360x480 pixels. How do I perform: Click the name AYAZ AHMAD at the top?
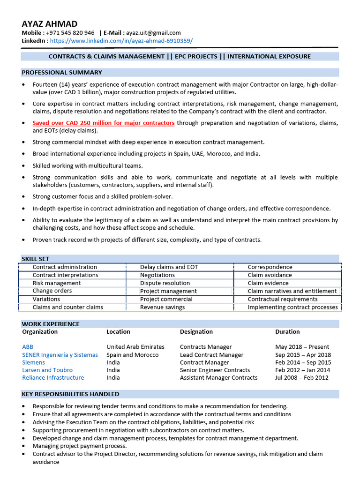click(50, 23)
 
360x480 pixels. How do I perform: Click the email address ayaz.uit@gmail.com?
click(152, 33)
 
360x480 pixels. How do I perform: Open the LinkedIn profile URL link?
click(121, 41)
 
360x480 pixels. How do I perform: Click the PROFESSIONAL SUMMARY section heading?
click(62, 73)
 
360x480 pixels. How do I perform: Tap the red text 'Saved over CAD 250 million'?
click(103, 123)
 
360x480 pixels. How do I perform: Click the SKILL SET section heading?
click(36, 259)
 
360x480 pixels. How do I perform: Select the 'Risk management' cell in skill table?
click(57, 283)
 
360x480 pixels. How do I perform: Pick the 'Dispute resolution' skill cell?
click(165, 283)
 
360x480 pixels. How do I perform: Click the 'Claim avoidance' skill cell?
click(270, 275)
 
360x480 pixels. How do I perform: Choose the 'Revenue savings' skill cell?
click(162, 307)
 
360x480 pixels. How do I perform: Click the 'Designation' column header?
click(196, 331)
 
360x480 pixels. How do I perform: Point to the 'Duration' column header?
click(287, 331)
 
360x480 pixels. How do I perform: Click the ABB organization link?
click(28, 347)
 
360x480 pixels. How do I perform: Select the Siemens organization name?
click(34, 362)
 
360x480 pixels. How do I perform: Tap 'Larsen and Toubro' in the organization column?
click(47, 370)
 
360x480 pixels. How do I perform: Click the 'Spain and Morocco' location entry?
click(132, 355)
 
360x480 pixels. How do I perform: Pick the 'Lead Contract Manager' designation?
click(211, 355)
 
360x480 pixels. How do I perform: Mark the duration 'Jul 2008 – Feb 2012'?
click(302, 377)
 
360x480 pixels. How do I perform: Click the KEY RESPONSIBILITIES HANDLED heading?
click(70, 394)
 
